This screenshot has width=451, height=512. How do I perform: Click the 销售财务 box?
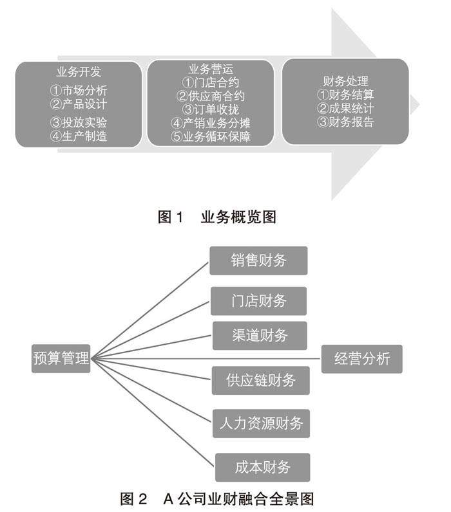pos(258,261)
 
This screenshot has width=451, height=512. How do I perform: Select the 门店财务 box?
pos(258,300)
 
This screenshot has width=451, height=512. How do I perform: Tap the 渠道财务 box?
pos(259,335)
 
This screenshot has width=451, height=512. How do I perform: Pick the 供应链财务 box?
pos(260,380)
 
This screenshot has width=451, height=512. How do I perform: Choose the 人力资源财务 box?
pos(260,423)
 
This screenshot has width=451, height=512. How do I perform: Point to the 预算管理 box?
pos(61,358)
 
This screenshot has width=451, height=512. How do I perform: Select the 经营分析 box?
pos(361,358)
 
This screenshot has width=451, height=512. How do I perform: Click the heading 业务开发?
pos(79,71)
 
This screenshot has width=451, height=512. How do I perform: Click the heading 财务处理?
pos(345,82)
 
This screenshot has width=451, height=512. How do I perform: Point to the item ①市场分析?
pos(79,89)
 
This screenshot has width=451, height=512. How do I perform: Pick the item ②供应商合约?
pos(211,96)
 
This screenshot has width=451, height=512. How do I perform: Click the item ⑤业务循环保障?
pos(211,136)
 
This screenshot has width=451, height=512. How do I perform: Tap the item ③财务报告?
pos(345,122)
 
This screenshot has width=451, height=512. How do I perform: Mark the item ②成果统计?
pos(345,109)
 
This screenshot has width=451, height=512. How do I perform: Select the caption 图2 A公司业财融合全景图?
pos(217,498)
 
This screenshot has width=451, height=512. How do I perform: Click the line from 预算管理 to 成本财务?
pos(155,412)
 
